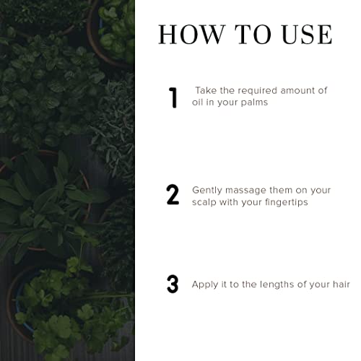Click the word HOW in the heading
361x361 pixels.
pyautogui.click(x=191, y=35)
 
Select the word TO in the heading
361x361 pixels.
pyautogui.click(x=253, y=35)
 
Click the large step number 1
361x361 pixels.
pyautogui.click(x=173, y=97)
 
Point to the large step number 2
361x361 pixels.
pyautogui.click(x=173, y=194)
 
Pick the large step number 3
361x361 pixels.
pyautogui.click(x=173, y=284)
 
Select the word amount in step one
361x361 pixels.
pyautogui.click(x=297, y=91)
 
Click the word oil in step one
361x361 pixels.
pyautogui.click(x=196, y=102)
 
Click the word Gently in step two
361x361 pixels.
pyautogui.click(x=207, y=191)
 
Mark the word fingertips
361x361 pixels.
pyautogui.click(x=287, y=203)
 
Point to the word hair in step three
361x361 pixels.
pyautogui.click(x=342, y=284)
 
